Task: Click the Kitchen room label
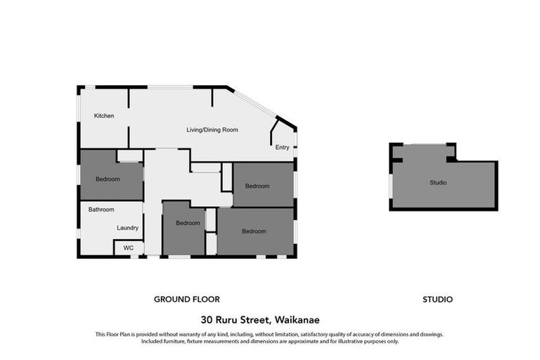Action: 104,116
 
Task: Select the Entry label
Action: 282,148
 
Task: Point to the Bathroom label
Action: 101,210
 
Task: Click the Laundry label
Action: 127,228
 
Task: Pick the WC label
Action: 128,248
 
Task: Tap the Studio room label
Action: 438,183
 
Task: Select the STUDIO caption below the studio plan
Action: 437,300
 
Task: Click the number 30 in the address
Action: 207,319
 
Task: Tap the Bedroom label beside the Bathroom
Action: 108,179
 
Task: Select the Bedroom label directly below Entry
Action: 257,186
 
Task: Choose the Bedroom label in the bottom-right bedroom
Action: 255,231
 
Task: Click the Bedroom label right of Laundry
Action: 188,224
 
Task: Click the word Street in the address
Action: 257,319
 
